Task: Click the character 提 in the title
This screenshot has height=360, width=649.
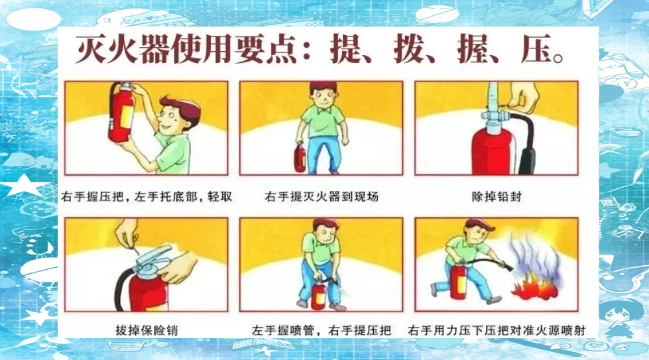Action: click(x=345, y=50)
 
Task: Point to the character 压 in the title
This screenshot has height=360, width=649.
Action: click(x=537, y=50)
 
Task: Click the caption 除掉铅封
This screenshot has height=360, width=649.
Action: click(x=497, y=196)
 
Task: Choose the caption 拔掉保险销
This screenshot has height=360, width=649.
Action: click(x=147, y=330)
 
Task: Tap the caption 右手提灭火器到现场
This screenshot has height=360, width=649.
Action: click(x=322, y=196)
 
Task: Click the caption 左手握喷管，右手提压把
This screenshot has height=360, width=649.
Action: click(x=322, y=330)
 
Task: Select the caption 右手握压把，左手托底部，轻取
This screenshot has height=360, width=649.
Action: click(x=147, y=196)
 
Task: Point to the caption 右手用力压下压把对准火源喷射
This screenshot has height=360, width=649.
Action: click(x=497, y=330)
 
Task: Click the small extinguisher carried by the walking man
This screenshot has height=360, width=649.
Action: click(x=300, y=157)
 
